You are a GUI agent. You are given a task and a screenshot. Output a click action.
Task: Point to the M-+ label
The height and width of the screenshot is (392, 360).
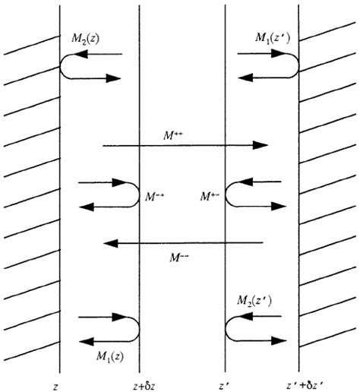[x=155, y=196]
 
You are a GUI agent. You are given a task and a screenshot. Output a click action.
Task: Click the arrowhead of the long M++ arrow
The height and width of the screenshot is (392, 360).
[x=263, y=145]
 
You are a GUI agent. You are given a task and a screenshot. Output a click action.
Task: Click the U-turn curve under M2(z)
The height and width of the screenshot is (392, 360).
[x=64, y=66]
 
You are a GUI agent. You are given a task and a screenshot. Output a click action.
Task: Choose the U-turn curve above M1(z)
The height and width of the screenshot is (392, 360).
[x=136, y=328]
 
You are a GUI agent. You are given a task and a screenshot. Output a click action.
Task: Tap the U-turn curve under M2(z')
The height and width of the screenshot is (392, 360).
[x=229, y=328]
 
